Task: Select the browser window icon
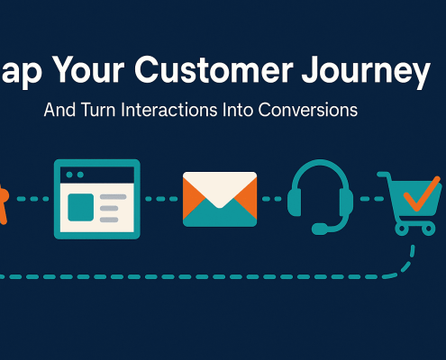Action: point(96,198)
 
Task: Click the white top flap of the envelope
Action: point(220,184)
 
